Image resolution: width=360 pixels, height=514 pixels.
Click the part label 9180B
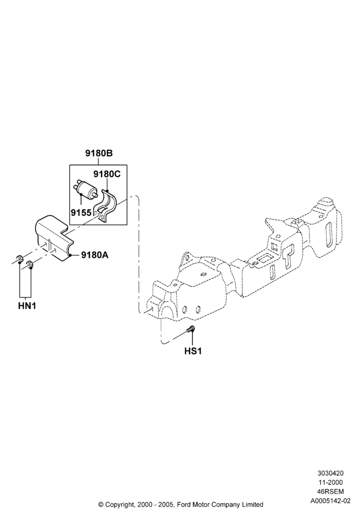pos(99,153)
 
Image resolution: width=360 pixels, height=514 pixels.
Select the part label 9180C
pos(107,174)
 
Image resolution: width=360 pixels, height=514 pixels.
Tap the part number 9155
pos(81,213)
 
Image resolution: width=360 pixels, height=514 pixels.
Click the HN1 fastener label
pos(27,306)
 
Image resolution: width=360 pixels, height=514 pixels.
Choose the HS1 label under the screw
pos(193,351)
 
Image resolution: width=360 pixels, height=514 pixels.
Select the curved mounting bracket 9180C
pos(105,206)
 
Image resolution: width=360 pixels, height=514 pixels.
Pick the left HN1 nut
pos(19,259)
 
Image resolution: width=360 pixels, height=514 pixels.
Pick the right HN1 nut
pos(30,264)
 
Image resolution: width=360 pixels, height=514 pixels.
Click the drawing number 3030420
pos(330,473)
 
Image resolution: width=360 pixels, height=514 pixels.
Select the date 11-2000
pos(330,482)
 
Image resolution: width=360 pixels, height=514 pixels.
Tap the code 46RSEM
pos(330,491)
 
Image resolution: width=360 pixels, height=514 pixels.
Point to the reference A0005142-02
pos(330,501)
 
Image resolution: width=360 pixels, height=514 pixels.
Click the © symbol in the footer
pos(101,504)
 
